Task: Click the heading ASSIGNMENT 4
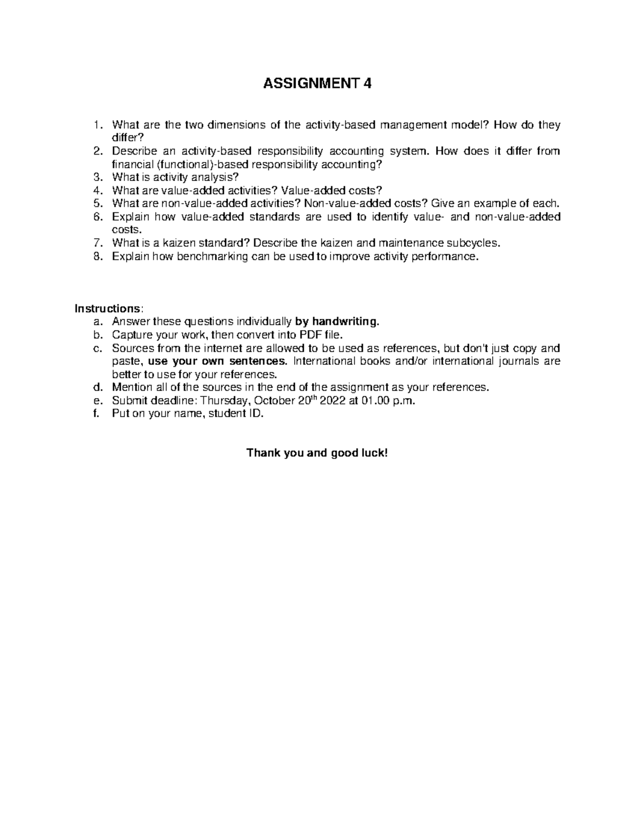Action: click(x=317, y=84)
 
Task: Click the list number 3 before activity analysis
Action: click(x=96, y=177)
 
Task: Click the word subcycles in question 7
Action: click(x=473, y=243)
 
